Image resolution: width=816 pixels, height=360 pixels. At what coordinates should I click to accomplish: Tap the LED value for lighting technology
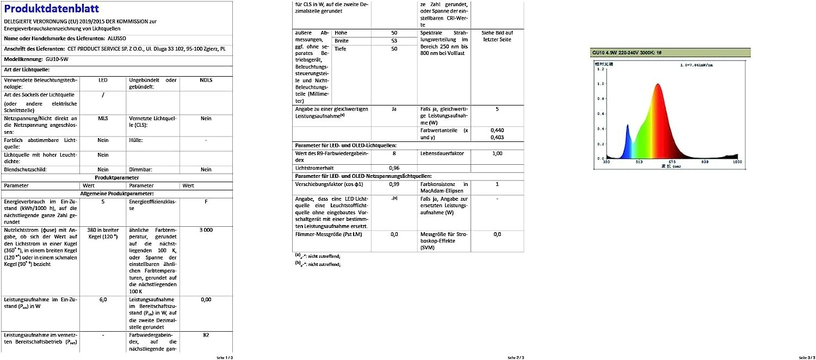pyautogui.click(x=103, y=80)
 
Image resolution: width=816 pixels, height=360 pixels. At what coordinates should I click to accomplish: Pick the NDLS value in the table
pyautogui.click(x=206, y=80)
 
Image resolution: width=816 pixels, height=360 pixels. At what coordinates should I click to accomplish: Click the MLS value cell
pyautogui.click(x=103, y=118)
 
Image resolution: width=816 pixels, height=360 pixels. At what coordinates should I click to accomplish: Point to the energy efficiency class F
pyautogui.click(x=206, y=201)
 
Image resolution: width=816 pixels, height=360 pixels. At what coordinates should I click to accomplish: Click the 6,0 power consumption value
pyautogui.click(x=103, y=299)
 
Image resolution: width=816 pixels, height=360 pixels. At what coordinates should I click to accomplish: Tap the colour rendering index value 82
pyautogui.click(x=206, y=335)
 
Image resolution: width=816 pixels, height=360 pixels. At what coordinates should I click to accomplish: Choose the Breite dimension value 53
pyautogui.click(x=394, y=41)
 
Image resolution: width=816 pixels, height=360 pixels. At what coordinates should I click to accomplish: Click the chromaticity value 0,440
pyautogui.click(x=497, y=131)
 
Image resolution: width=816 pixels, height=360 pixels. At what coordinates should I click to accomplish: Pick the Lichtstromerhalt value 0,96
pyautogui.click(x=394, y=168)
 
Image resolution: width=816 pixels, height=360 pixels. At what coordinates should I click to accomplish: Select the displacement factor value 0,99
pyautogui.click(x=394, y=184)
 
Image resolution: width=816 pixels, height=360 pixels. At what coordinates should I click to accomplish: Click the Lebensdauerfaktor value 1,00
pyautogui.click(x=497, y=154)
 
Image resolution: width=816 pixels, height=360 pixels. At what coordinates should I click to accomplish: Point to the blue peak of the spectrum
pyautogui.click(x=627, y=126)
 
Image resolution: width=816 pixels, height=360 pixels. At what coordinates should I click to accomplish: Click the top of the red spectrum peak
pyautogui.click(x=658, y=84)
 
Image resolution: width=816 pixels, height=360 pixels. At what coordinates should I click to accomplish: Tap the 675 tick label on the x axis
pyautogui.click(x=671, y=162)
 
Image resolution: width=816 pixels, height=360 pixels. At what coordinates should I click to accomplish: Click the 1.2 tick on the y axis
pyautogui.click(x=600, y=70)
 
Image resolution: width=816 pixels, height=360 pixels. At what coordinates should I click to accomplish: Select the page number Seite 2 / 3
pyautogui.click(x=516, y=357)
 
